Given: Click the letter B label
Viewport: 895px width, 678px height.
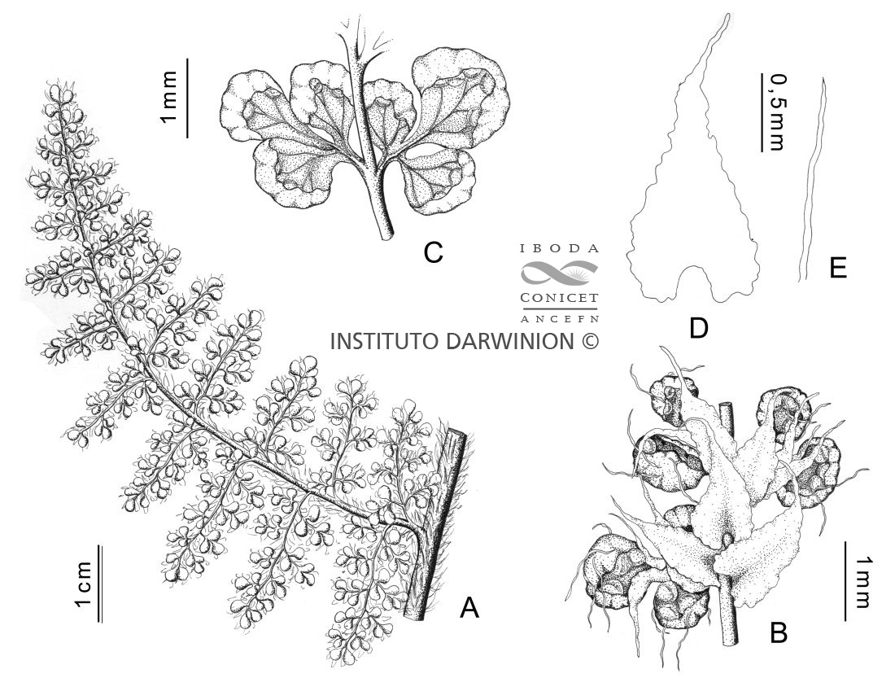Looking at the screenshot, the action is [x=779, y=633].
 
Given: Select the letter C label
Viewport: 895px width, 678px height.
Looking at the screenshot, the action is [x=434, y=252].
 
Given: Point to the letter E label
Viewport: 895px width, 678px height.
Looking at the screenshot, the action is [x=838, y=268].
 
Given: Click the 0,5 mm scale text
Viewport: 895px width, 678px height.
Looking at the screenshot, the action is [x=776, y=114].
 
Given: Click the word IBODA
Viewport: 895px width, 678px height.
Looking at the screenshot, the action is [x=560, y=249].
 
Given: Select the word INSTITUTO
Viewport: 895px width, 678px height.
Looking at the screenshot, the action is [x=386, y=341].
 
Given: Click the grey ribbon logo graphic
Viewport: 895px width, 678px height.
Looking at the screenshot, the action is [x=560, y=273].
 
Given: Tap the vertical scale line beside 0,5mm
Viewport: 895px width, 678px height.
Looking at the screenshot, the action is [x=762, y=112].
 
